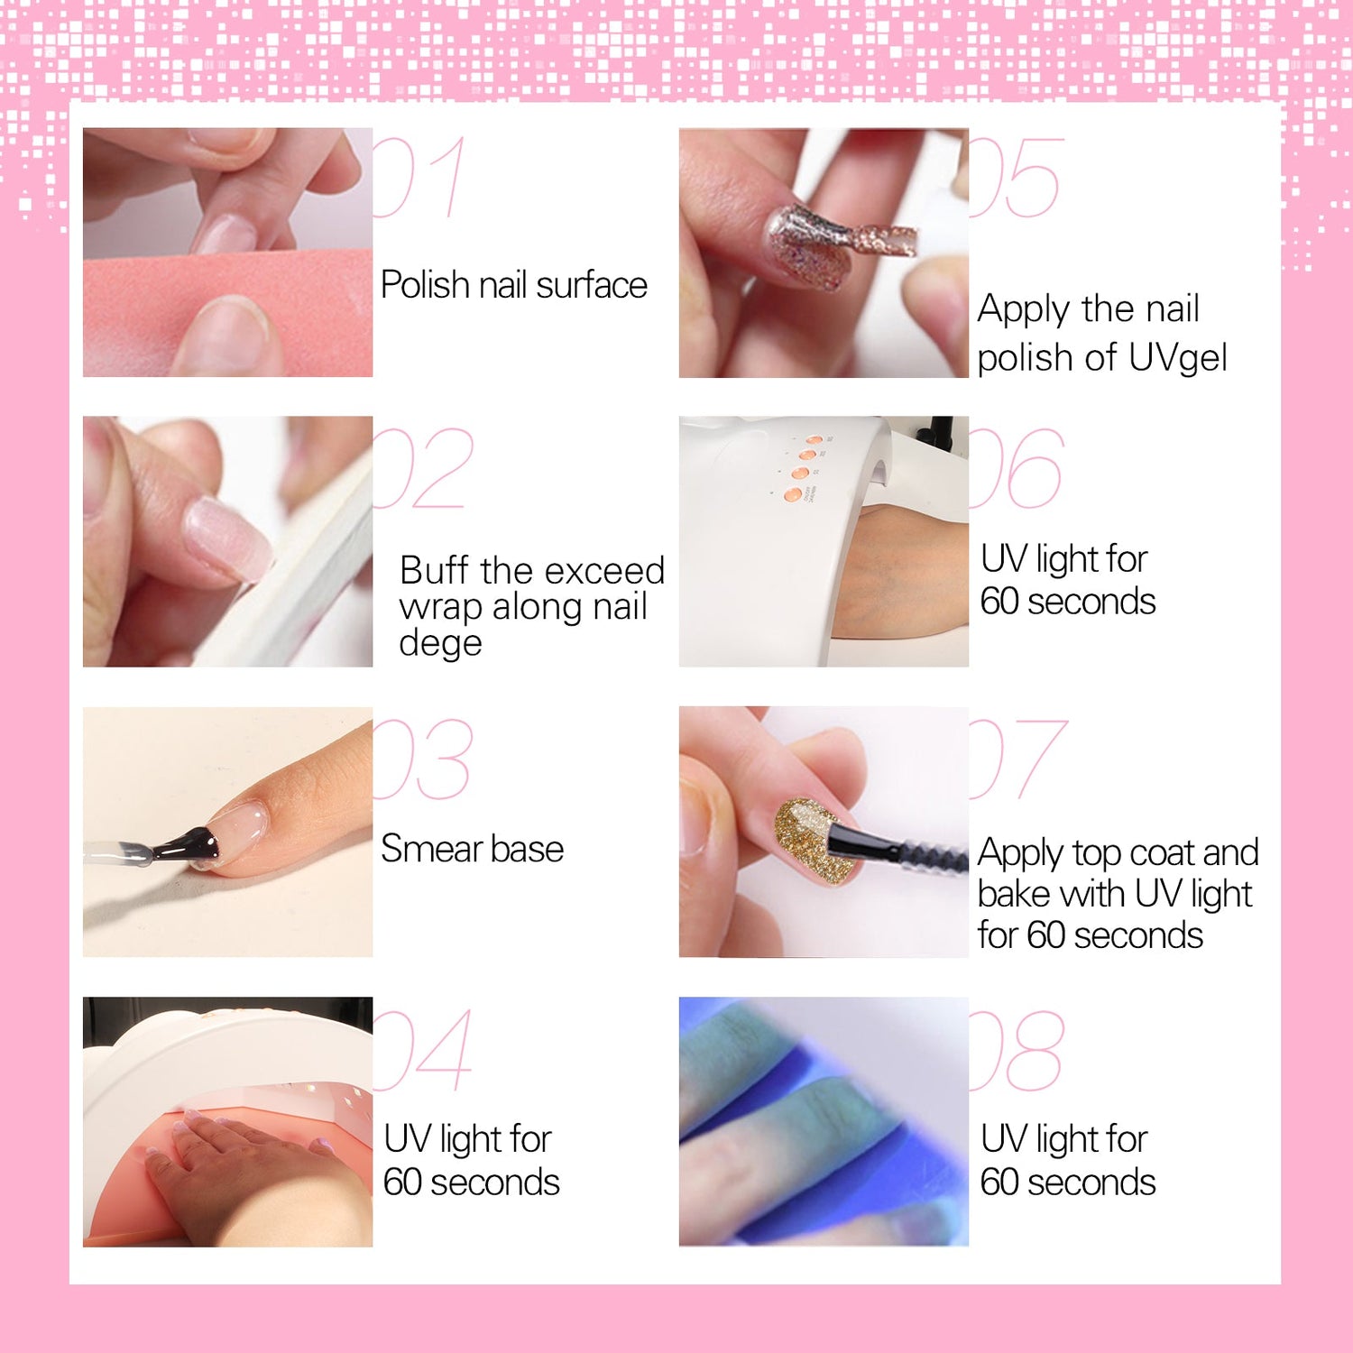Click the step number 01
419,177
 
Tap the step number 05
1017,178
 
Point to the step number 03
422,759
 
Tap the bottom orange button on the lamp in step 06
793,495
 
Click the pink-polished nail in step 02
227,539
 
